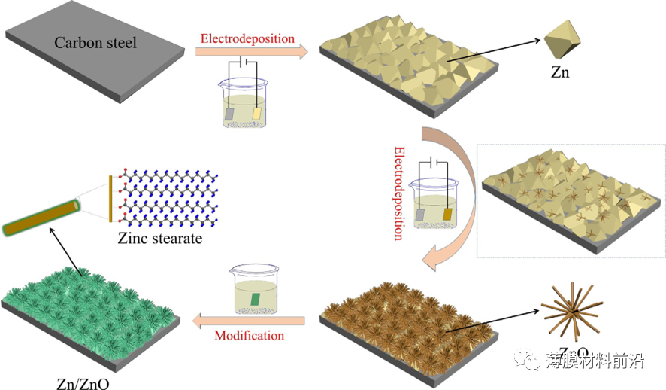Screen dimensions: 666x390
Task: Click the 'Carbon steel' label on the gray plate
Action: (95, 42)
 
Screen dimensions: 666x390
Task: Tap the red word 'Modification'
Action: (250, 335)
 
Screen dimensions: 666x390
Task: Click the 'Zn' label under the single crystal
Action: (559, 72)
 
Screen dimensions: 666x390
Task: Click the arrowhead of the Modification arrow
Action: (196, 322)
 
